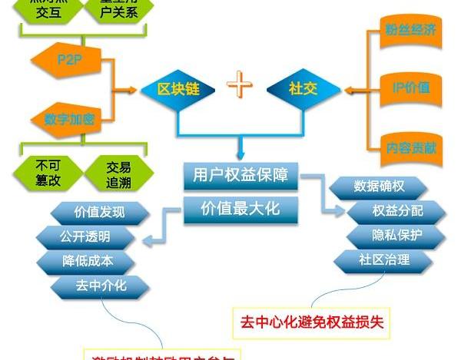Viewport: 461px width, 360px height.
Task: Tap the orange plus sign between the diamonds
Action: [x=240, y=86]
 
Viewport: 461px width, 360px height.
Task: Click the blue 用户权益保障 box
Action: [x=240, y=176]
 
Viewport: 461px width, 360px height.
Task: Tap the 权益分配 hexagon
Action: [x=397, y=210]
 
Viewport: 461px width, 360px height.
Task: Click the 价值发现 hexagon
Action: [x=98, y=212]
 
